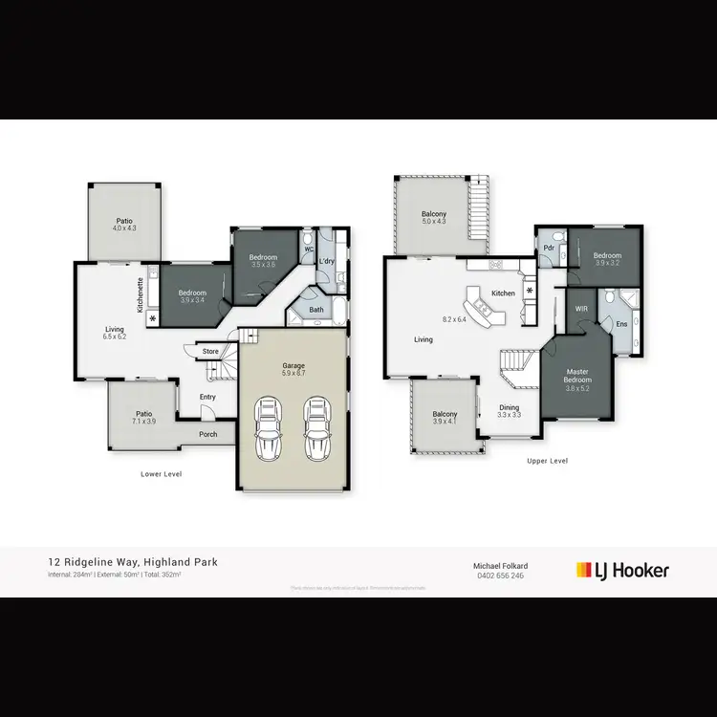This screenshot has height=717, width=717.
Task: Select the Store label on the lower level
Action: coord(211,352)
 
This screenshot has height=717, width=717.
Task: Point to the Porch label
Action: coord(208,435)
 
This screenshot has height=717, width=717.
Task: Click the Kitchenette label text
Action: coord(141,295)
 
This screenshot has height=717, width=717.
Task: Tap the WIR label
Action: coord(581,310)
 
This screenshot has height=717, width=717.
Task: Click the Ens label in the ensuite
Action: coord(621,325)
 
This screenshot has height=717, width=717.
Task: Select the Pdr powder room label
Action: coord(550,248)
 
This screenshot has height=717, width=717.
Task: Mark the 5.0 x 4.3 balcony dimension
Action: coord(435,222)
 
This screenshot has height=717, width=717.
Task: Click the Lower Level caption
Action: coord(161,474)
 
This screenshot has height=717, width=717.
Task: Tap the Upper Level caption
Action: coord(548,461)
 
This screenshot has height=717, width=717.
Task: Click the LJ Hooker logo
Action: coord(622,571)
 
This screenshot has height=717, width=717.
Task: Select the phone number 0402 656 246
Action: coord(502,576)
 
